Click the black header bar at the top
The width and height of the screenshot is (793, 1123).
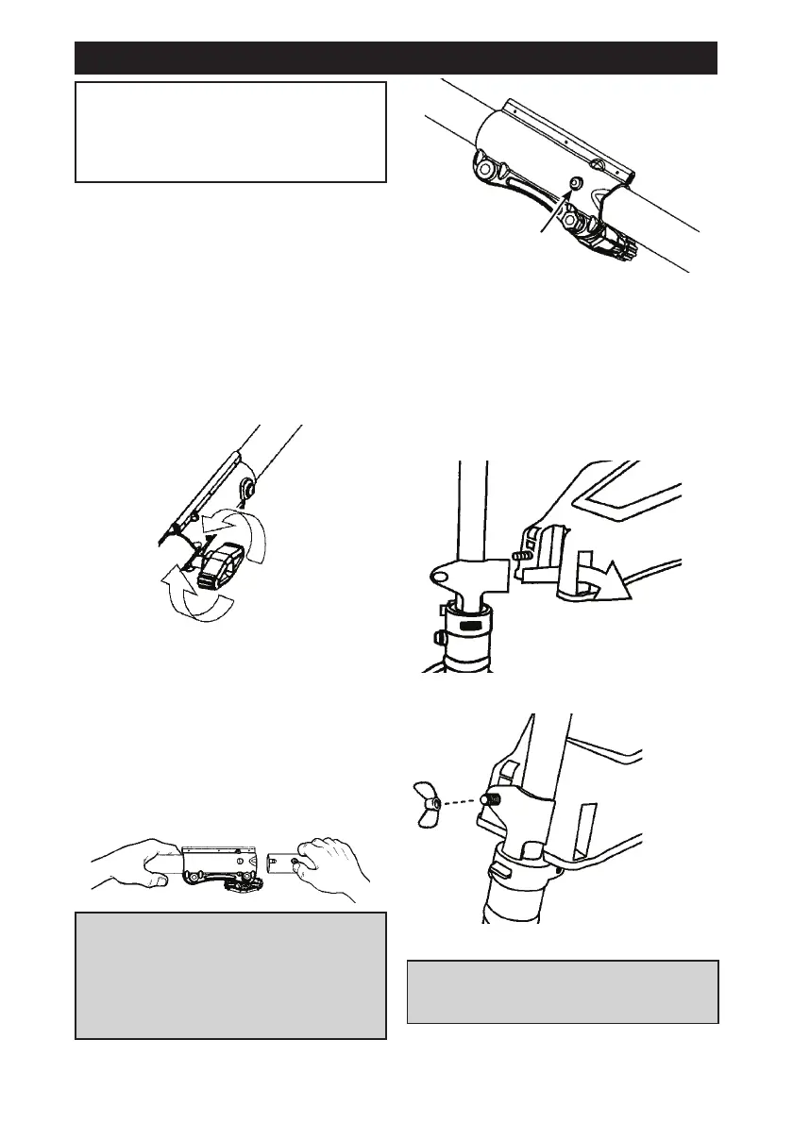coord(396,58)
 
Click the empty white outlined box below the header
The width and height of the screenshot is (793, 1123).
coord(230,131)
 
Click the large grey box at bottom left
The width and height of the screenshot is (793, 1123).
coord(230,975)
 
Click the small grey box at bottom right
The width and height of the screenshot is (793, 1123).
coord(563,992)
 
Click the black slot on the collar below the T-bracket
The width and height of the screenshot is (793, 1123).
coord(468,625)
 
